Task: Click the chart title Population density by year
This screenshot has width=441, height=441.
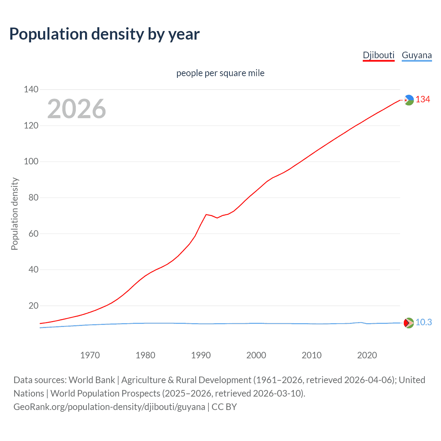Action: point(104,34)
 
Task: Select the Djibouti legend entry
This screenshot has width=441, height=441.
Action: point(378,55)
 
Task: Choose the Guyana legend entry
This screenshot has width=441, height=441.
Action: point(417,55)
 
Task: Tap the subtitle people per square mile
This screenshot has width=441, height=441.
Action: point(220,73)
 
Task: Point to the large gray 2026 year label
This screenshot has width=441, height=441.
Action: point(76,109)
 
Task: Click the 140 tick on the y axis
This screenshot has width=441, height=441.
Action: point(31,90)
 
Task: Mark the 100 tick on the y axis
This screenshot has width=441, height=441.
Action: point(31,162)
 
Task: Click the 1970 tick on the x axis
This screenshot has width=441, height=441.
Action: point(90,355)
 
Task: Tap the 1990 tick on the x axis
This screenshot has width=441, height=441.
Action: point(201,355)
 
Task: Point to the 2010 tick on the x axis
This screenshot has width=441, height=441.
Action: point(311,355)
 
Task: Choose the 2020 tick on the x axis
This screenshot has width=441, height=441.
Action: point(367,355)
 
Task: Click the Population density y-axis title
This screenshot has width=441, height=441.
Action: point(14,214)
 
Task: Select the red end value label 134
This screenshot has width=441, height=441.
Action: point(423,100)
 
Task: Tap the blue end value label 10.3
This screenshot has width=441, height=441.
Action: point(423,322)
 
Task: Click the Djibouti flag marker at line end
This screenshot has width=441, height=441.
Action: point(409,100)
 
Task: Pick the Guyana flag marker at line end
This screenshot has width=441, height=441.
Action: point(409,323)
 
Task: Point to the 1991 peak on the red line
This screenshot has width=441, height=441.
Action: point(206,215)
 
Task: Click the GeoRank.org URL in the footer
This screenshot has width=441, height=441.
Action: point(109,407)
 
